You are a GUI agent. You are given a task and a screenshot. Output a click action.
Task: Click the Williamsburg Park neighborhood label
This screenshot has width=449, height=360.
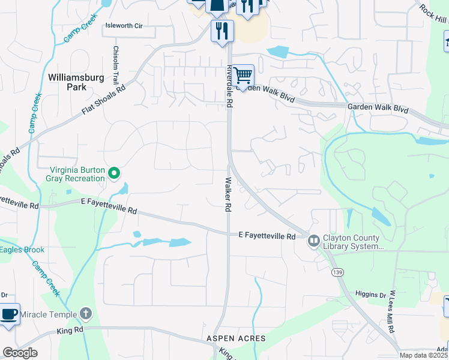click(76, 82)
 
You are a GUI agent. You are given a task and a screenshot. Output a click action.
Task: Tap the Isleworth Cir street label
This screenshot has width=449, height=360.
click(124, 26)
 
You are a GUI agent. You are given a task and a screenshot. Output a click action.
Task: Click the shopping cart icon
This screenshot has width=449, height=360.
click(243, 76)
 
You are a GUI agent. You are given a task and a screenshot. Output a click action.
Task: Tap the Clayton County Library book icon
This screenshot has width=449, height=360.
click(313, 241)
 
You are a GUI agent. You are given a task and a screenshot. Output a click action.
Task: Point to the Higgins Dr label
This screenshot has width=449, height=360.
click(371, 295)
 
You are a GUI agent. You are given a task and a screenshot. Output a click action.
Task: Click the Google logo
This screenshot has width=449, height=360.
click(20, 353)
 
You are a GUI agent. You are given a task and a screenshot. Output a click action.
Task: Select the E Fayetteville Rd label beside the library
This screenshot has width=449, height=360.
click(267, 236)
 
